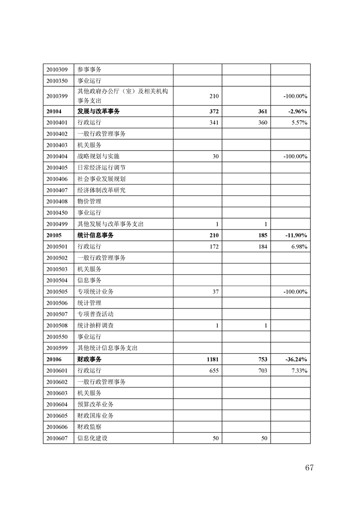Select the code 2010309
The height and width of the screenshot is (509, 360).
[x=57, y=70]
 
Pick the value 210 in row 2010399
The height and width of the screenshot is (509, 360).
[x=214, y=96]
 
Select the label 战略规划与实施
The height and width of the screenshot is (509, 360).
[x=99, y=157]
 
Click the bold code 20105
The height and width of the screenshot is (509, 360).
[x=54, y=235]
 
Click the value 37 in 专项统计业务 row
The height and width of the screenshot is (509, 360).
[x=216, y=292]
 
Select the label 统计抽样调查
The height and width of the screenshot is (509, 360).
[x=95, y=326]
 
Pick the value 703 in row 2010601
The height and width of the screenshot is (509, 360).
[x=262, y=371]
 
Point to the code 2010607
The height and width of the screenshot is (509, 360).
[x=57, y=438]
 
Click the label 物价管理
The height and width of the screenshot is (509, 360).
[x=89, y=201]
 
